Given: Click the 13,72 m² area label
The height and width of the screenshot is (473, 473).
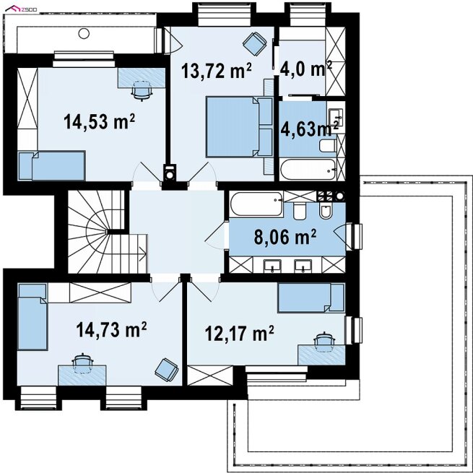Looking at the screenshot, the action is click(x=217, y=71).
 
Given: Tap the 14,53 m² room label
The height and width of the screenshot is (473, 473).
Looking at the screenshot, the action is click(x=99, y=121).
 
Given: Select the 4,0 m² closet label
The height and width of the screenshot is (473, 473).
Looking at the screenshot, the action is click(x=306, y=69).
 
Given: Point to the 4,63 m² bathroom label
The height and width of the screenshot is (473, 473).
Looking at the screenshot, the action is click(x=310, y=130).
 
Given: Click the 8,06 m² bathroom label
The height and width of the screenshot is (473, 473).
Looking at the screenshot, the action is click(x=285, y=237).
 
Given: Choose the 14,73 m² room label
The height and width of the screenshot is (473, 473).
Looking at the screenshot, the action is click(x=111, y=329).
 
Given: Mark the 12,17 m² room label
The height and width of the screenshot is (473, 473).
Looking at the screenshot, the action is click(x=240, y=334).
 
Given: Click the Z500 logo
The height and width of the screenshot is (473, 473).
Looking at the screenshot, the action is click(x=21, y=9).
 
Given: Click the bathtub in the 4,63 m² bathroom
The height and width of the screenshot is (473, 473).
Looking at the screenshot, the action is click(x=308, y=170).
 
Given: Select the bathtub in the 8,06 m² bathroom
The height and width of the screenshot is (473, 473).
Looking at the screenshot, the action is click(x=256, y=204).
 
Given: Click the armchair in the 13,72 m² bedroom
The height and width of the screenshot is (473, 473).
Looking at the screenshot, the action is click(x=255, y=44).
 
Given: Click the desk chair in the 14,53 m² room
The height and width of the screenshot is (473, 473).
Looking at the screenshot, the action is click(x=142, y=90).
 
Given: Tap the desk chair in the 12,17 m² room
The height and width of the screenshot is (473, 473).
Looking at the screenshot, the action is click(x=324, y=342).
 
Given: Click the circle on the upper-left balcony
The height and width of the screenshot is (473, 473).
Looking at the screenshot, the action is click(x=84, y=33).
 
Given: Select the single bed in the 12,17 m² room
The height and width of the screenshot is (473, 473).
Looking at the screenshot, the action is click(x=311, y=298).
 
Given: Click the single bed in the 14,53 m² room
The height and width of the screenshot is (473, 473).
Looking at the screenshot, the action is click(x=51, y=165).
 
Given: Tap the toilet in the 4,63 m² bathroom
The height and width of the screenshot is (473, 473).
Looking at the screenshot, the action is click(x=328, y=146).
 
